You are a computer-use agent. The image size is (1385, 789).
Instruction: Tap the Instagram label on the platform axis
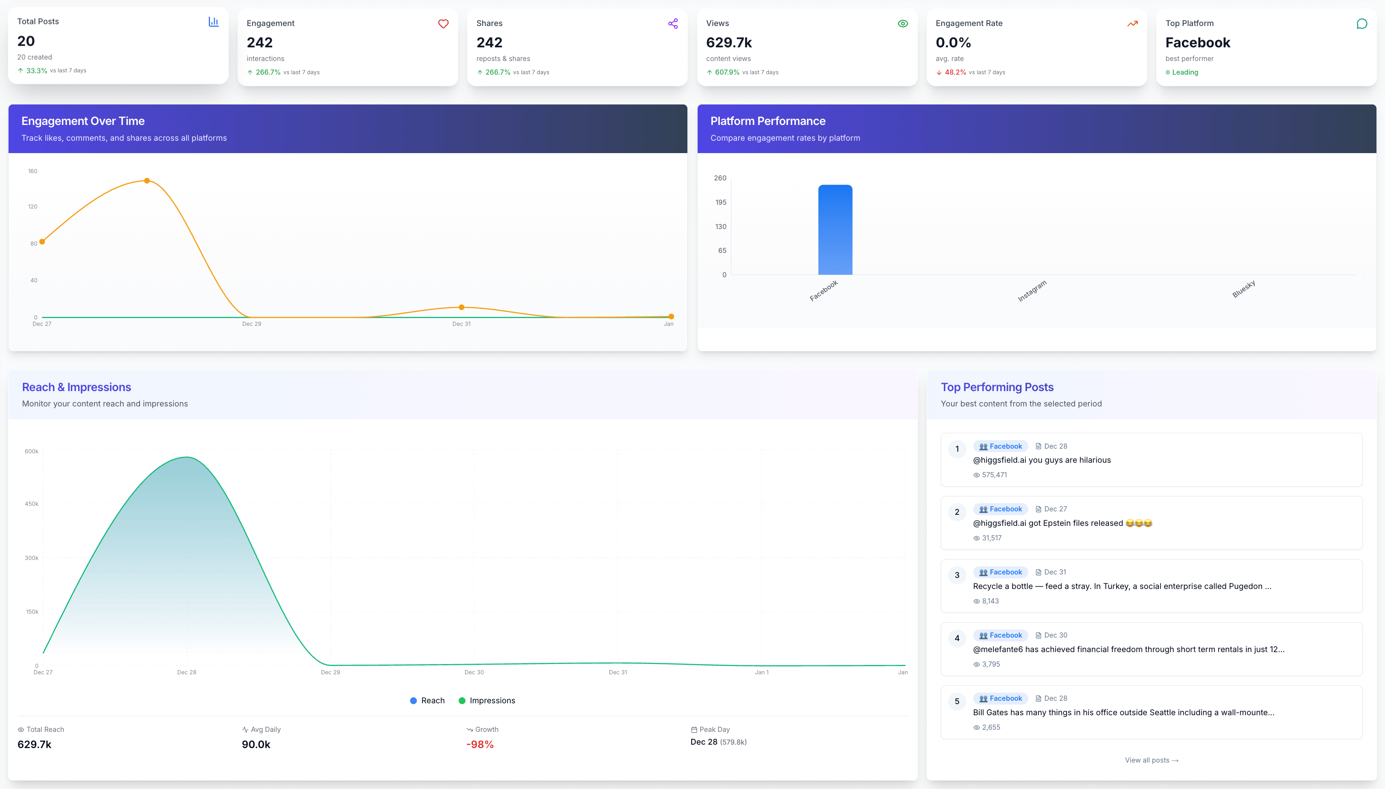[1032, 291]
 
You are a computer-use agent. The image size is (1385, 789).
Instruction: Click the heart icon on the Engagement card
[443, 24]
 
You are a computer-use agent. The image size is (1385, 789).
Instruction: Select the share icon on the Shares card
[673, 24]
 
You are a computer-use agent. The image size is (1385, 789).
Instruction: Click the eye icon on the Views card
[902, 24]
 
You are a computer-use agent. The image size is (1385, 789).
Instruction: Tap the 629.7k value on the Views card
[728, 42]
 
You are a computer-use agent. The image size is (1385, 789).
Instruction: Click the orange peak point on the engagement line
[147, 180]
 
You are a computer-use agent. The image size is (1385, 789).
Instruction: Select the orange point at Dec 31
[461, 307]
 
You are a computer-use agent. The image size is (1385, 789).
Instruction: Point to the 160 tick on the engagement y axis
[32, 171]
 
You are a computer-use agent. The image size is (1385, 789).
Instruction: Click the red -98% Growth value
[480, 745]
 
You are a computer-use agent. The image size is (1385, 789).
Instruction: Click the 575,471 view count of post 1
[994, 475]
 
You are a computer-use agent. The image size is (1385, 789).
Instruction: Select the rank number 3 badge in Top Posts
[957, 575]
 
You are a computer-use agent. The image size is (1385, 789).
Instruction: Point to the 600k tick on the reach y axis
[32, 451]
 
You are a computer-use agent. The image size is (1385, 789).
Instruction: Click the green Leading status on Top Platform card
[1184, 72]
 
